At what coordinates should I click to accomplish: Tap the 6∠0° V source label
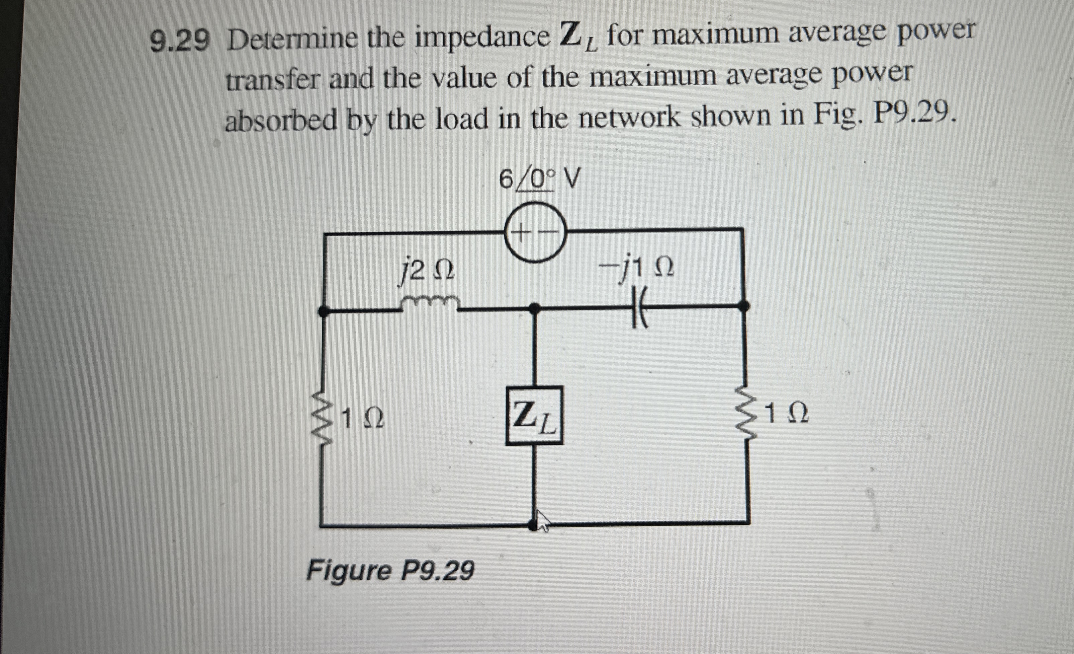coord(539,179)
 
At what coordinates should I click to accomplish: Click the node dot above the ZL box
coord(534,308)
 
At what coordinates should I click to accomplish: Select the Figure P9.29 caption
coord(390,571)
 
